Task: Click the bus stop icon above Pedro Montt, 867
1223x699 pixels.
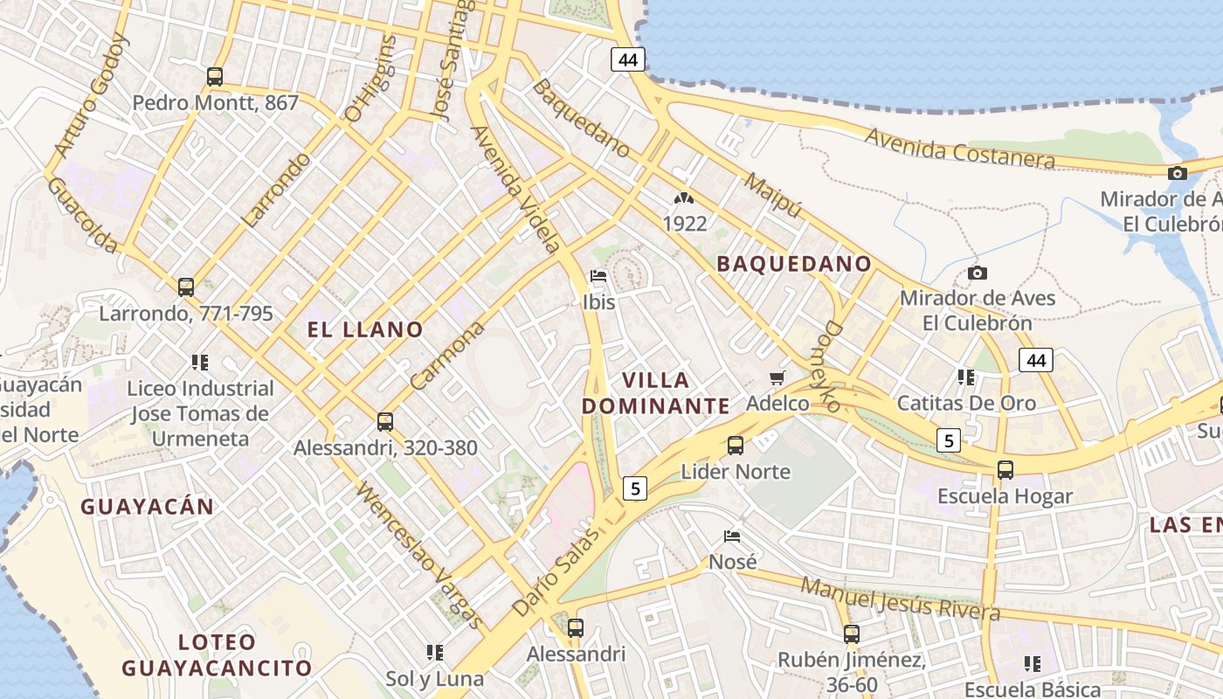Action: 215,77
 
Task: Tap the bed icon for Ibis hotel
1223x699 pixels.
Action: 598,276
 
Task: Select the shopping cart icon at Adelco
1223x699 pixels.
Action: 777,377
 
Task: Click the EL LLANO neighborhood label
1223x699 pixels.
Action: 365,329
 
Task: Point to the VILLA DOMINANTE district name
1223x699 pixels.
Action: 656,393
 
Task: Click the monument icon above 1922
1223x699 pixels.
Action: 684,199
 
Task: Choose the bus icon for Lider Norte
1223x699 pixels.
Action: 736,446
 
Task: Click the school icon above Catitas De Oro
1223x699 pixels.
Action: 966,377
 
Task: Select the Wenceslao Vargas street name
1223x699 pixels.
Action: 419,554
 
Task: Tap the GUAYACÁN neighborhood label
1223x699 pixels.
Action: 147,507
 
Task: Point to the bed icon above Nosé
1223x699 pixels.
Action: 732,536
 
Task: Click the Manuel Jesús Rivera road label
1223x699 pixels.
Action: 900,598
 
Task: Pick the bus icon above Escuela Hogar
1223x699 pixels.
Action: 1005,470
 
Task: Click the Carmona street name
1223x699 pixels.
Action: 446,356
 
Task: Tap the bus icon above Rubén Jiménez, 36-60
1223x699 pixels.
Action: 852,634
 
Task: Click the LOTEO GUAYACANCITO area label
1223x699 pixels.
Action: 217,655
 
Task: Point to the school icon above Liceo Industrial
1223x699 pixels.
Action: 200,362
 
